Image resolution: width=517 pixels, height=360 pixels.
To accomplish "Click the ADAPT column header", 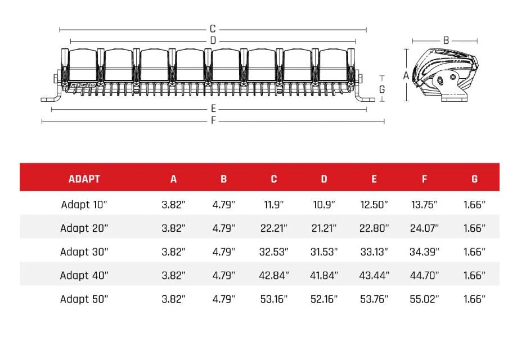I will [84, 179].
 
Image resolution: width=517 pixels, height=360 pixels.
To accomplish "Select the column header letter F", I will [424, 179].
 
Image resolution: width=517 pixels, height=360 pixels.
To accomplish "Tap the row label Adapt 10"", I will [84, 205].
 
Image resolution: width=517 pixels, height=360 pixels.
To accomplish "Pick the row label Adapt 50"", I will [84, 299].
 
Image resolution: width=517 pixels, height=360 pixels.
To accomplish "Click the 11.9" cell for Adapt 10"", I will [273, 205].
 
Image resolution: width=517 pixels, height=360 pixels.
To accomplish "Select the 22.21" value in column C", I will [273, 228].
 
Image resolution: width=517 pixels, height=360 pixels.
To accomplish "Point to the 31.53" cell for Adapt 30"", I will [324, 252].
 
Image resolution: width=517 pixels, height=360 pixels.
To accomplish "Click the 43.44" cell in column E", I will [374, 276].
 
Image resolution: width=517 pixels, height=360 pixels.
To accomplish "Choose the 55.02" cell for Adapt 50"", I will [424, 299].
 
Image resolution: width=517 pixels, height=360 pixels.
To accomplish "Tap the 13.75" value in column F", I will [424, 205].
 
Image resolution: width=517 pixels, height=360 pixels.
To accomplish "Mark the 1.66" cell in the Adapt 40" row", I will [474, 276].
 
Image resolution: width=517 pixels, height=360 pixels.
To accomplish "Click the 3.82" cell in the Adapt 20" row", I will [173, 228].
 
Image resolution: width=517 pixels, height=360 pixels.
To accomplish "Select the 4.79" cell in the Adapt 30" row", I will [223, 252].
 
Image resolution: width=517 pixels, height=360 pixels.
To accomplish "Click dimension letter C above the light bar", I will [213, 29].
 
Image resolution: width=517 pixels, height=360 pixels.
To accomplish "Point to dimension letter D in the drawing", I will [213, 40].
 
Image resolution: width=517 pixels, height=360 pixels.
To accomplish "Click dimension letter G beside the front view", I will [382, 89].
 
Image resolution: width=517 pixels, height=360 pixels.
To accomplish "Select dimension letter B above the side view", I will [446, 40].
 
